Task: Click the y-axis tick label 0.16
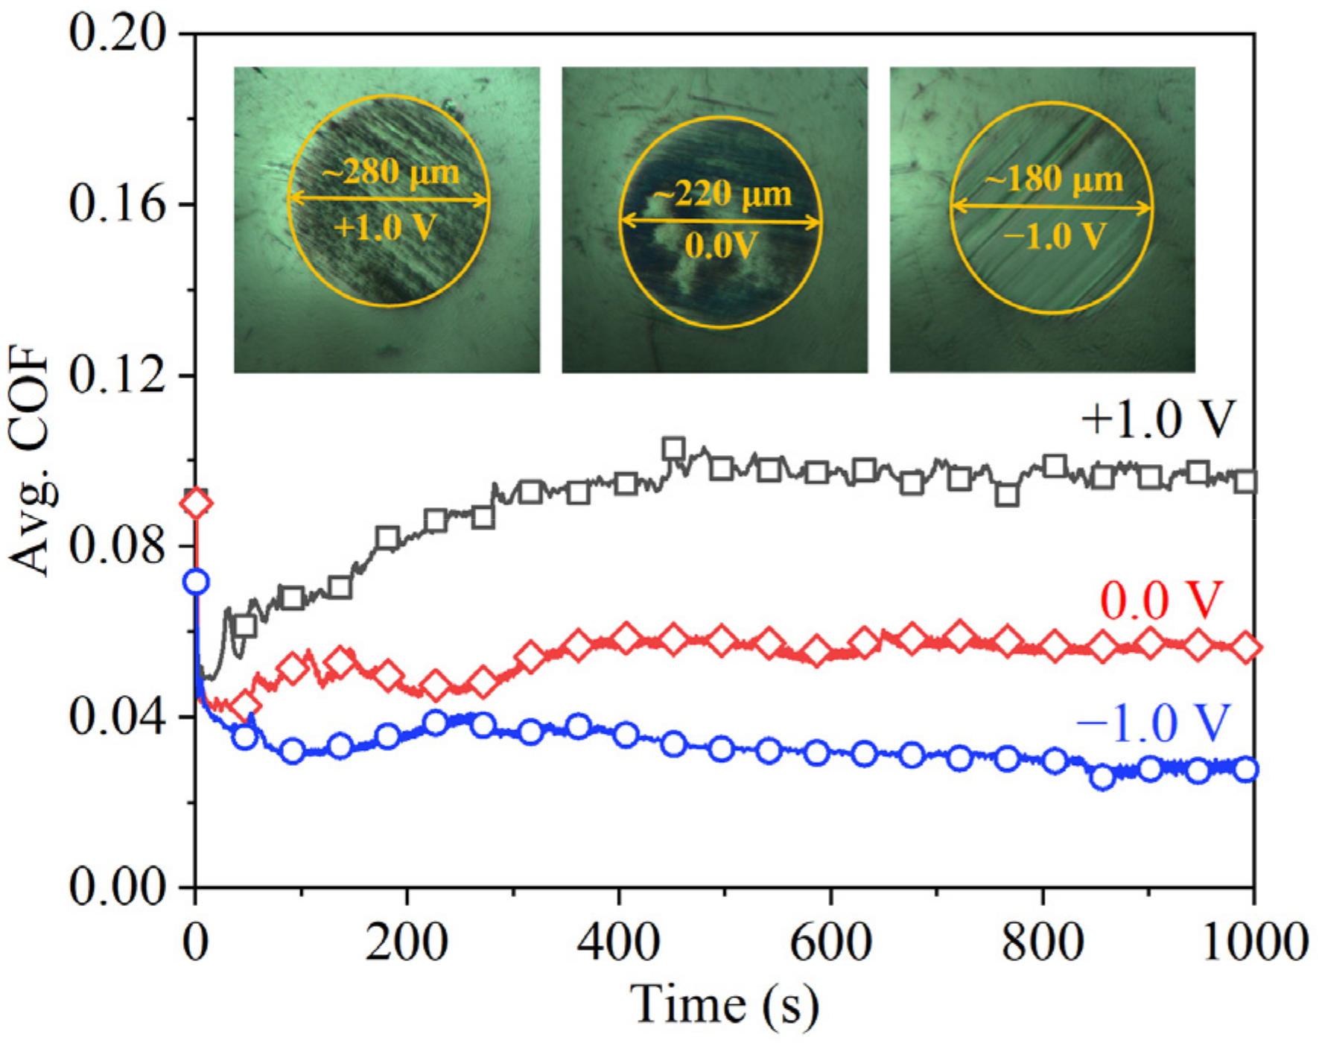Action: point(117,204)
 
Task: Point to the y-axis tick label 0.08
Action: point(117,546)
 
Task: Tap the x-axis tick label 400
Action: point(618,942)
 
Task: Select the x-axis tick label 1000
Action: point(1254,942)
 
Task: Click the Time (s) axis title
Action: point(724,1005)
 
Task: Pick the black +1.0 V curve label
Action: point(1157,419)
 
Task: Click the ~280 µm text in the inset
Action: point(390,173)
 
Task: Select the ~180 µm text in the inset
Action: point(1053,180)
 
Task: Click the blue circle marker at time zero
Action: point(196,582)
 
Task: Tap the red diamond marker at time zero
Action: point(197,504)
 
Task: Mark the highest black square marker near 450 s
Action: point(673,449)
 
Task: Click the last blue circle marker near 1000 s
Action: point(1245,770)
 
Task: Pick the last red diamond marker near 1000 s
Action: point(1246,648)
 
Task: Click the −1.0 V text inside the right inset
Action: point(1053,237)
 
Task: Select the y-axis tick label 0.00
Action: point(117,887)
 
